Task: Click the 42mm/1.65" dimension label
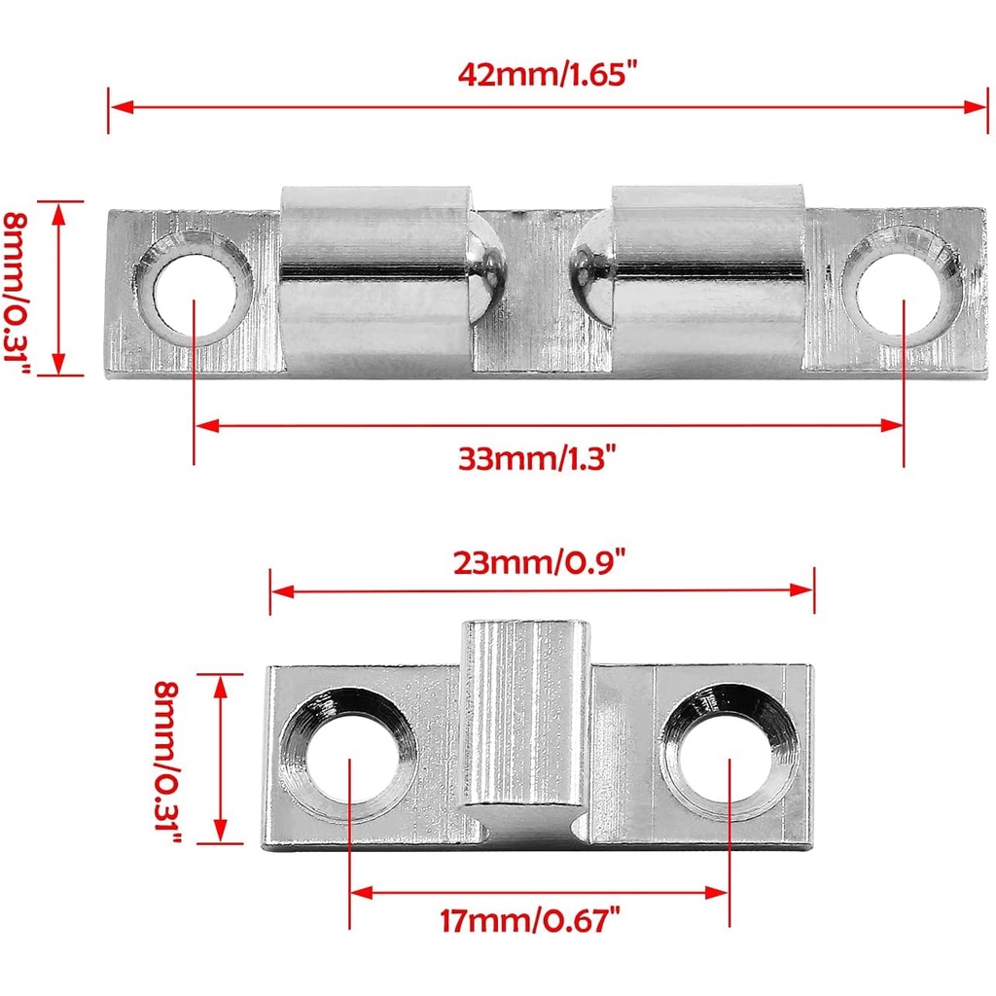pos(547,74)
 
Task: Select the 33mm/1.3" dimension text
pos(537,458)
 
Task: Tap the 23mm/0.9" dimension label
pos(539,562)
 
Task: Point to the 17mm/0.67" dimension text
pos(530,920)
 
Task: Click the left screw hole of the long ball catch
pos(195,288)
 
